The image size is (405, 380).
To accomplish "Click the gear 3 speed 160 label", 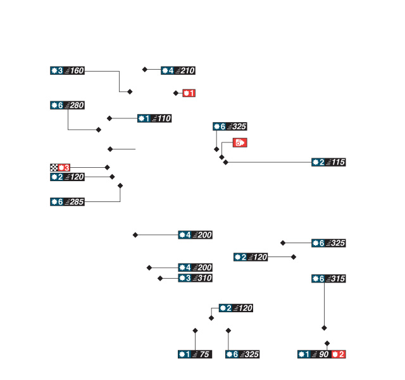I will coord(68,70).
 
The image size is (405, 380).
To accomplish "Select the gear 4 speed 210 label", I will coord(178,70).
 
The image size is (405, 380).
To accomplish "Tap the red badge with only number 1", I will coord(189,93).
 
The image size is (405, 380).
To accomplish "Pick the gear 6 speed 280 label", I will coord(68,105).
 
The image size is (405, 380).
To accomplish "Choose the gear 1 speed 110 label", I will coord(154,118).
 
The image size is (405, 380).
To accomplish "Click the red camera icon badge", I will coord(240,142).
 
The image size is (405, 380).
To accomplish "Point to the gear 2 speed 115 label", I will coord(328,163).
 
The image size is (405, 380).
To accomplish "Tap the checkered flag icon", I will coord(54,167).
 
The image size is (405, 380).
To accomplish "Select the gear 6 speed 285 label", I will coord(68,202).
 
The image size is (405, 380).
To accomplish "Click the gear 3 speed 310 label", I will coord(195,278).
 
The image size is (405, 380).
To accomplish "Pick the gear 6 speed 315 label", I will coord(329,279).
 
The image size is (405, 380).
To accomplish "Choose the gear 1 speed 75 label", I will coord(194,354).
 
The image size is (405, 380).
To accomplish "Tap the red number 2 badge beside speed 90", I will coord(339,354).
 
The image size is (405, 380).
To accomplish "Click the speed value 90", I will coord(323,354).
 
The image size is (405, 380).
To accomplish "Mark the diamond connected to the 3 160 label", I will coord(130,92).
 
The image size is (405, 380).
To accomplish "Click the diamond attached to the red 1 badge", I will coord(176,93).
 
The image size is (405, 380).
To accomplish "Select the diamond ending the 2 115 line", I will coord(226,163).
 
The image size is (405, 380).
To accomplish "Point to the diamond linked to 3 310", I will coord(160,278).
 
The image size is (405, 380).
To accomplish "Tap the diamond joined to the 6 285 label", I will coord(120,186).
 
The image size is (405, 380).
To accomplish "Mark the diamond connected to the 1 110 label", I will coord(109,118).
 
